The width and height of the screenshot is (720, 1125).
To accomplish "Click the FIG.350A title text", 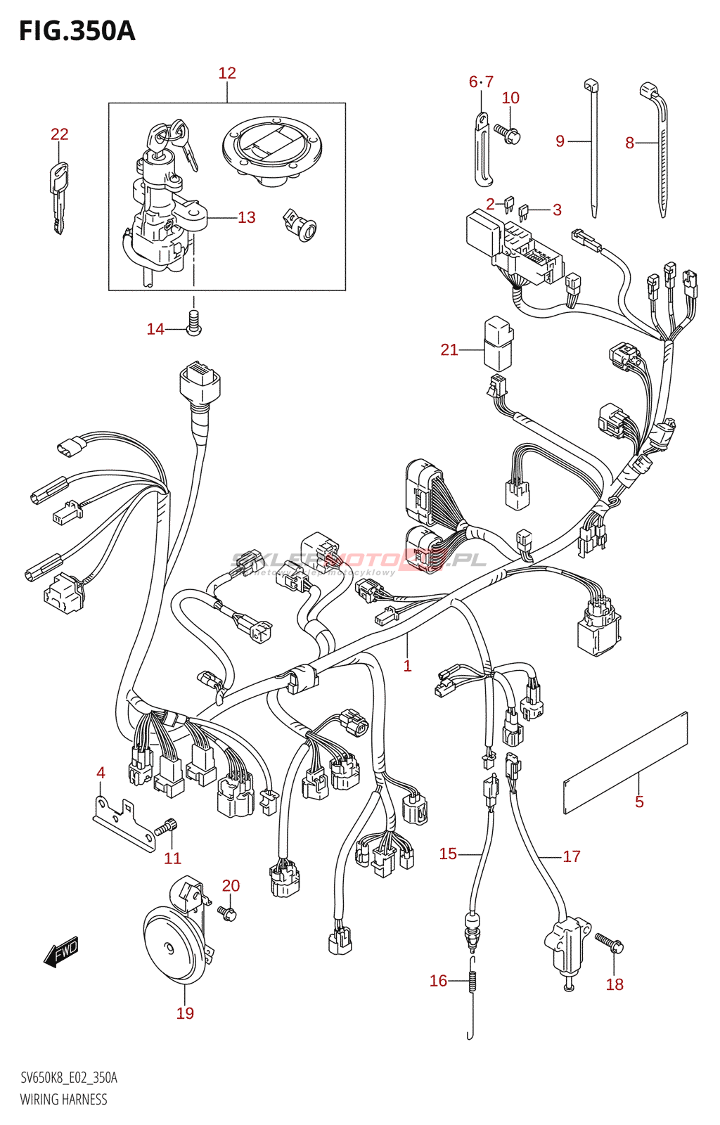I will click(77, 31).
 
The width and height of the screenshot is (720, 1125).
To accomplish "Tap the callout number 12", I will click(227, 73).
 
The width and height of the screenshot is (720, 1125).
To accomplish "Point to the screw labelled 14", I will click(194, 323).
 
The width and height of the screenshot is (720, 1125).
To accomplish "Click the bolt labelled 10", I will click(509, 133).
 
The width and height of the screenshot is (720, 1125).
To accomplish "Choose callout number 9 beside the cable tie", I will click(560, 141).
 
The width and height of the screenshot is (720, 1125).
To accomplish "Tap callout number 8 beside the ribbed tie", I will click(629, 143).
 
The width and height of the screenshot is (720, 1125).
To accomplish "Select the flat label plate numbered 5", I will click(625, 763).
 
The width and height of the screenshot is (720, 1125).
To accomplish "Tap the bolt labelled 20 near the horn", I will click(227, 913).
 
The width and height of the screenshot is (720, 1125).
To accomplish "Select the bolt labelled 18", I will click(610, 942).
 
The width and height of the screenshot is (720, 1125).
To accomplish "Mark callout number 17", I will click(572, 856).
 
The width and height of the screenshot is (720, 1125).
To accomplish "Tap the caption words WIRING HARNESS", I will click(64, 1100).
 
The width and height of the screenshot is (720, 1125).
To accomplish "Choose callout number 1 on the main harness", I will click(407, 665).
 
